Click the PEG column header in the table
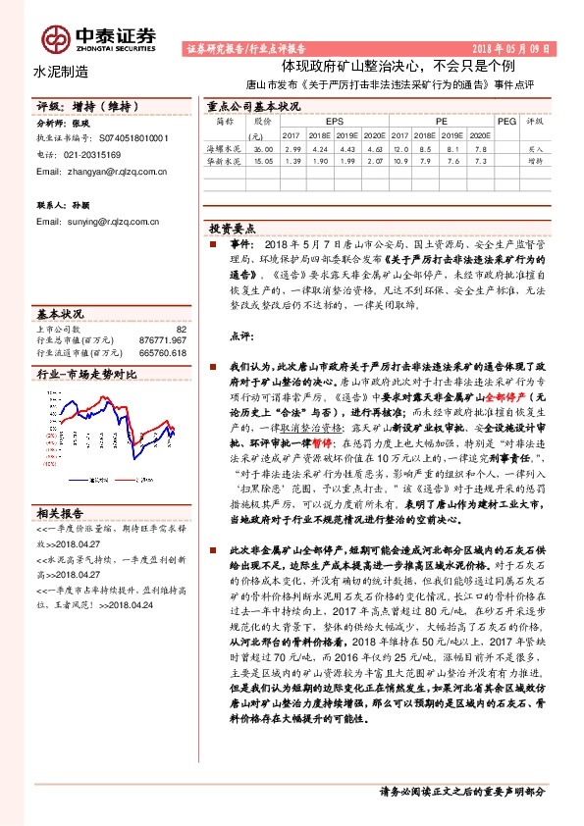(x=505, y=121)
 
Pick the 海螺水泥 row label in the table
(x=222, y=146)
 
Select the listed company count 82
(x=181, y=330)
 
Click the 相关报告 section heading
(x=60, y=513)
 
